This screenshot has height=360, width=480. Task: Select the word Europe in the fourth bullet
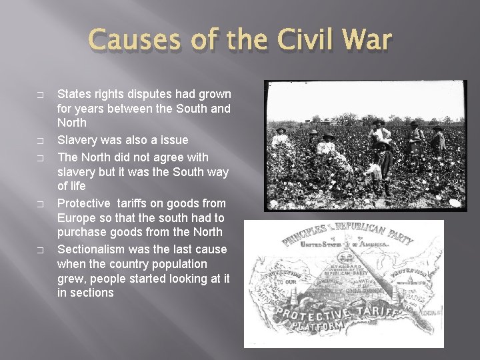click(x=77, y=218)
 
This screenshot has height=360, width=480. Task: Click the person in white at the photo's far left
click(x=280, y=138)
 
